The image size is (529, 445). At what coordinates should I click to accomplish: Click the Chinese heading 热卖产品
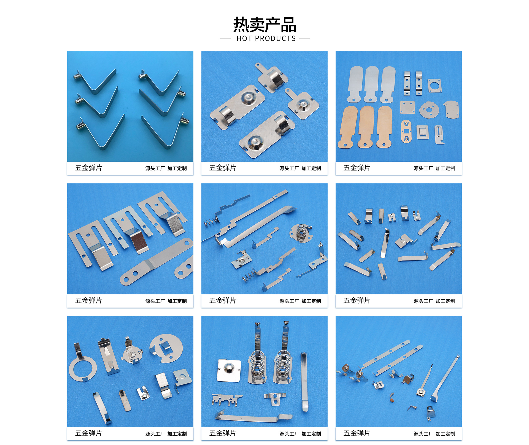[x=264, y=25]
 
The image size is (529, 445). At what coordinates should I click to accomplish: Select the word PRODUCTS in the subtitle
[x=275, y=39]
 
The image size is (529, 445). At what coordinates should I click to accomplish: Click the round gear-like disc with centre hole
[x=429, y=109]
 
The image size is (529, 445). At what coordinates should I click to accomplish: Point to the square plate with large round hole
[x=434, y=86]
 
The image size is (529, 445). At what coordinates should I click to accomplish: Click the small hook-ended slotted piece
[x=439, y=135]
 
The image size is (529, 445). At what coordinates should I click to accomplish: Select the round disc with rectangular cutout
[x=166, y=348]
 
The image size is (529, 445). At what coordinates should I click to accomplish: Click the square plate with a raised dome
[x=229, y=370]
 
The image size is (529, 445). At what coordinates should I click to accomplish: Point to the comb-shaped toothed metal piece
[x=226, y=400]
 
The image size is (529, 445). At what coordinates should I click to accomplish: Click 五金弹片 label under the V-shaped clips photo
[x=88, y=168]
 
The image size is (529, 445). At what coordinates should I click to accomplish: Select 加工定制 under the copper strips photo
[x=445, y=168]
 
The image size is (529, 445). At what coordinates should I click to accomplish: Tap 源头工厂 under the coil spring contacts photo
[x=289, y=434]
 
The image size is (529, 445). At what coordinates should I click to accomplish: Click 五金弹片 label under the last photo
[x=357, y=433]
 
